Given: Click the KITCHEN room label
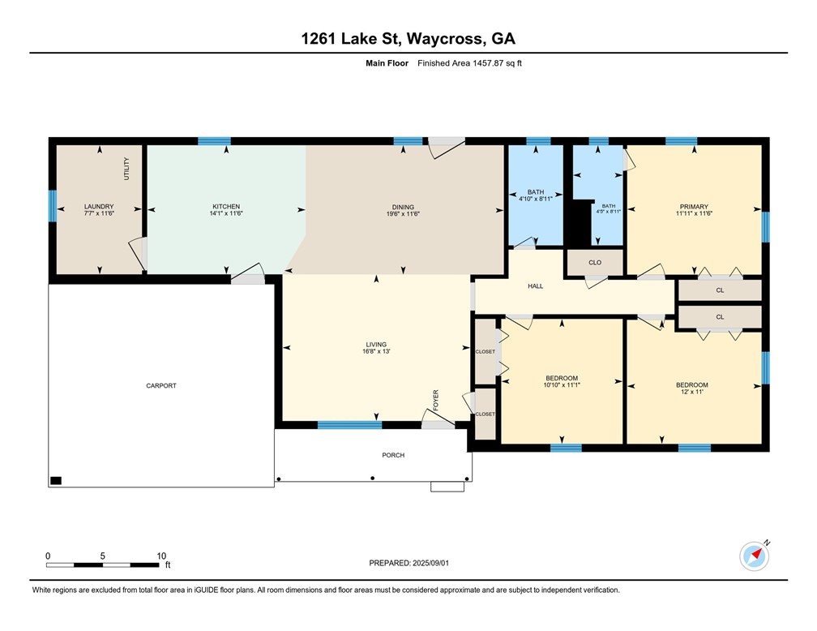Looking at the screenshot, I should tap(226, 207).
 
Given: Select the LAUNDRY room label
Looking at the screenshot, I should tap(99, 207).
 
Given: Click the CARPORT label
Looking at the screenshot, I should tap(161, 385).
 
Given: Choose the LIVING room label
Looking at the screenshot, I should tap(375, 344).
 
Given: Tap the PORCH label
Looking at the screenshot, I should tap(393, 455).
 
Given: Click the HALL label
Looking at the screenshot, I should tap(536, 286).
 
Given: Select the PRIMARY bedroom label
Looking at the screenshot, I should tap(694, 207).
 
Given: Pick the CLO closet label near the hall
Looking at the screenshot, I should tap(594, 263).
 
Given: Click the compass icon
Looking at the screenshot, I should tap(754, 556).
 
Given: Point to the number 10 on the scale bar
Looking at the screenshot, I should tap(161, 556).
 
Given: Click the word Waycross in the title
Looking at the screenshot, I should tap(447, 38).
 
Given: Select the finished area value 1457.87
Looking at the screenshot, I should tap(485, 63).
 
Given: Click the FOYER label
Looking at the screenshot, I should tap(435, 398).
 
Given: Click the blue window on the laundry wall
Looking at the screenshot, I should tap(52, 206).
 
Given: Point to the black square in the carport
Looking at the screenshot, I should tap(56, 480).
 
